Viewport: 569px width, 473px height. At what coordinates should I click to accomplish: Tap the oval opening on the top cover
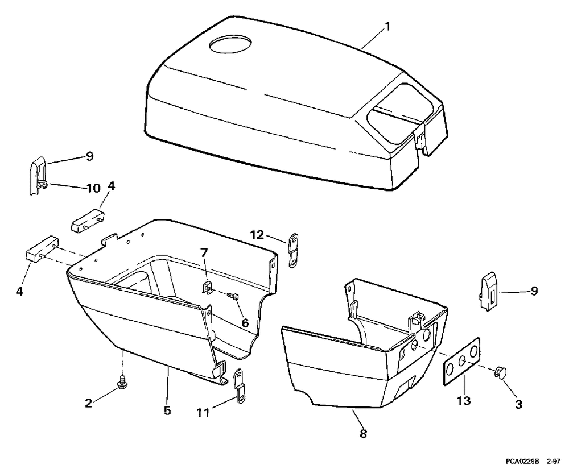232,44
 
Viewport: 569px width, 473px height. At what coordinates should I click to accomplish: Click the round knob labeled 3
501,374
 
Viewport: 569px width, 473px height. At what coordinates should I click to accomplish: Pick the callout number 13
464,401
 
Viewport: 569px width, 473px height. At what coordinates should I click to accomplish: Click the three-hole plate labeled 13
460,364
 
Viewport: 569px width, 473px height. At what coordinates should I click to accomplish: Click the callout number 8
363,433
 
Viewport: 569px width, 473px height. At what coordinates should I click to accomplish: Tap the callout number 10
93,188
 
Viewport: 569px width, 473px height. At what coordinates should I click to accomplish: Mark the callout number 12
257,234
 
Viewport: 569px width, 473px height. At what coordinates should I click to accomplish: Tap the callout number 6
245,322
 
